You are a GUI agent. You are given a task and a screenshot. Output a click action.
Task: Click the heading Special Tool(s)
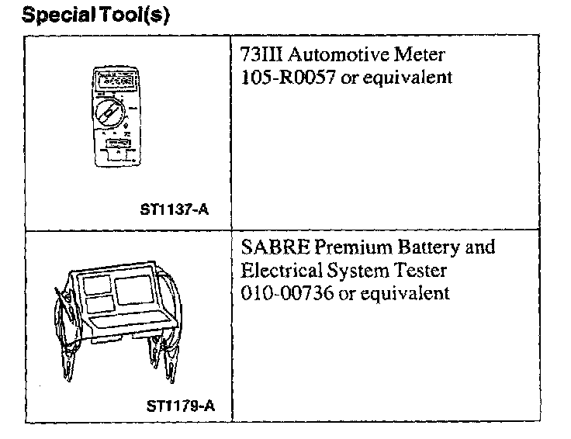click(x=95, y=16)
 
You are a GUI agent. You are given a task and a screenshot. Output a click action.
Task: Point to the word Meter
click(x=425, y=57)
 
